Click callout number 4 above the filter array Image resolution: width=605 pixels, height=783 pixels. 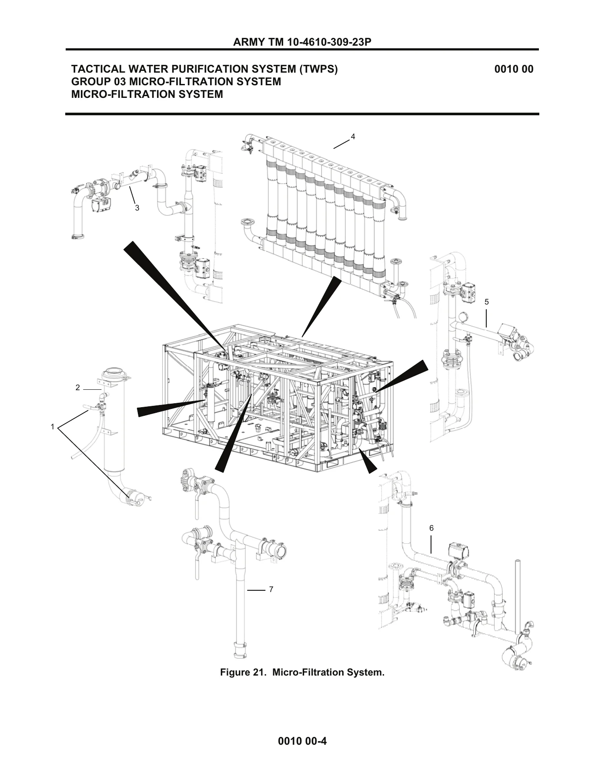point(353,137)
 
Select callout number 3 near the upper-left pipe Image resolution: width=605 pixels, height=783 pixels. point(137,208)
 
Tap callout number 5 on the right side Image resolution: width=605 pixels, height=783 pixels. point(487,302)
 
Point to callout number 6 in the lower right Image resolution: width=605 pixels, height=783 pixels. point(431,528)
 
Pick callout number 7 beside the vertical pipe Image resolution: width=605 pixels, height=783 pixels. point(271,589)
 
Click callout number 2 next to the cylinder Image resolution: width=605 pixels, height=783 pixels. point(78,388)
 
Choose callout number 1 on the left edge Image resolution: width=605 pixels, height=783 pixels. point(53,427)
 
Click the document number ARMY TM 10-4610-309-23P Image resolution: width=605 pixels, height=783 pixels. point(302,42)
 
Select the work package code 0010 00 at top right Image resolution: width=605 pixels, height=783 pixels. point(514,69)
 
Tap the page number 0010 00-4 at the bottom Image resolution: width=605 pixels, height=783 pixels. point(302,741)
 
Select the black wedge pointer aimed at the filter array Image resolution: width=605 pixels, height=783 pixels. point(322,306)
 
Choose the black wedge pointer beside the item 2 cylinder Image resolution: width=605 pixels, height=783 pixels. point(171,408)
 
